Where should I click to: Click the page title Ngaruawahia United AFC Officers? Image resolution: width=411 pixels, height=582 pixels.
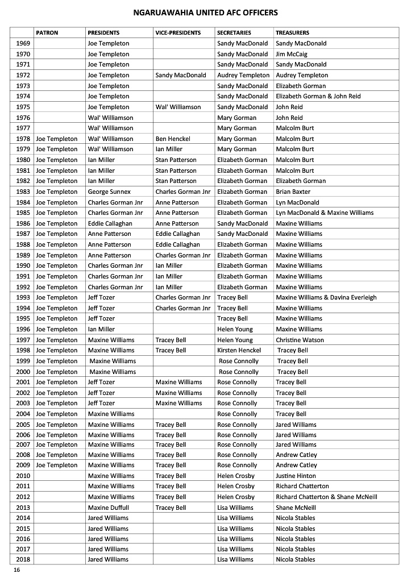[205, 12]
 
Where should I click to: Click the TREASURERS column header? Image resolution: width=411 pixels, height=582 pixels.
[292, 33]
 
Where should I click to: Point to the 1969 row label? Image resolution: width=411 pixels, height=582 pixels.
[23, 43]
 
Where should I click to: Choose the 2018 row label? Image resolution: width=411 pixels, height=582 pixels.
[23, 559]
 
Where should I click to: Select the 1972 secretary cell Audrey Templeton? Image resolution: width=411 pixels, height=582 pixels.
[243, 75]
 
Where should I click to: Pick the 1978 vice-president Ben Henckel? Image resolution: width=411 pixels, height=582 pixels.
[175, 139]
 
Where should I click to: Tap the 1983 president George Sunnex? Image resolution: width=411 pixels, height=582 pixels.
[109, 192]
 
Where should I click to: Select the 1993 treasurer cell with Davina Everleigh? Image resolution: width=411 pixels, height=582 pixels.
[326, 297]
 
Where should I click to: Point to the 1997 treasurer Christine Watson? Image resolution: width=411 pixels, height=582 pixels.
[300, 340]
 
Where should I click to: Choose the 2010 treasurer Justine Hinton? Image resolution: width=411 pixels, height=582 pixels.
[296, 476]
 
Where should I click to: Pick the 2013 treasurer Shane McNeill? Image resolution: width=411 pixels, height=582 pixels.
[296, 508]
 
